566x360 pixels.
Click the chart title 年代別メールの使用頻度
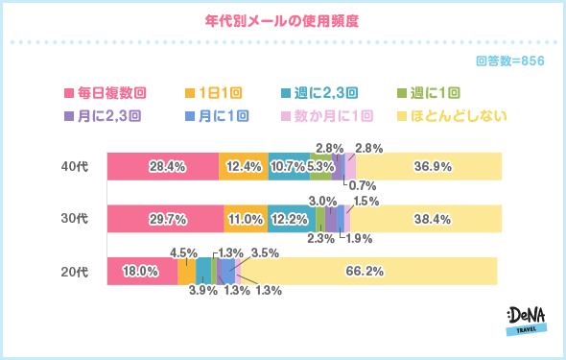tap(282, 19)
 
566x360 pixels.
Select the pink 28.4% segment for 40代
tap(162, 166)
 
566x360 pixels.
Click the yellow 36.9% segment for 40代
tap(428, 166)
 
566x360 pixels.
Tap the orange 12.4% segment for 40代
tap(244, 166)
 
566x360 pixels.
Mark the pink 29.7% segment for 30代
tap(165, 219)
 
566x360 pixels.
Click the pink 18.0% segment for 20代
tap(141, 272)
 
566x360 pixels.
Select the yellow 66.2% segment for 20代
tap(366, 272)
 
